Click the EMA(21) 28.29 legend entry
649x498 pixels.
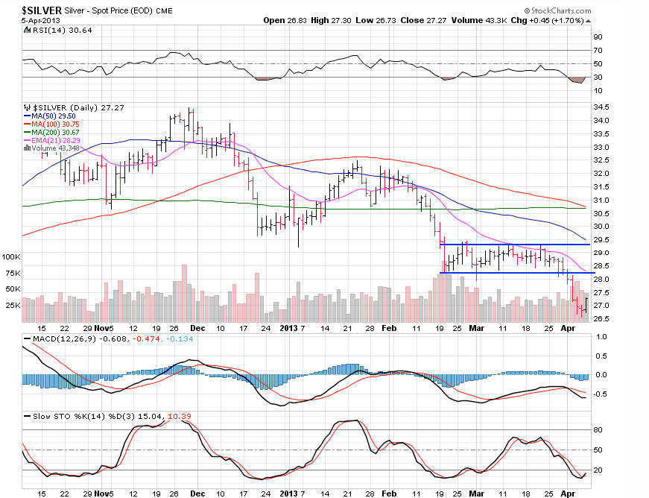pyautogui.click(x=55, y=139)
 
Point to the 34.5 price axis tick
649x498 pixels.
pyautogui.click(x=602, y=107)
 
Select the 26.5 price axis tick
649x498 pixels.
pyautogui.click(x=602, y=318)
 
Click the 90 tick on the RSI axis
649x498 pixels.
pyautogui.click(x=598, y=36)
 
